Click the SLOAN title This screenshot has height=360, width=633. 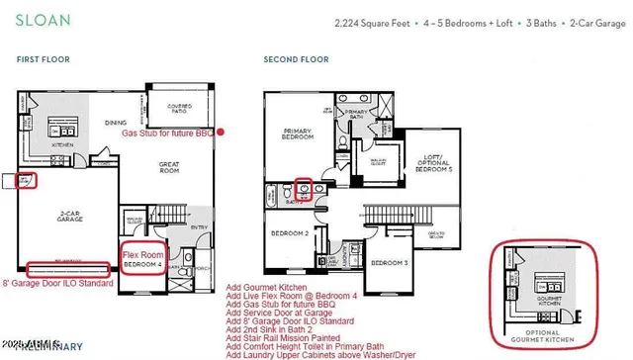(38, 19)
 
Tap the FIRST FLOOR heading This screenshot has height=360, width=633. (43, 60)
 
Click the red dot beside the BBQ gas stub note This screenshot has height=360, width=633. (221, 132)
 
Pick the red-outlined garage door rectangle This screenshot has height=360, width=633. (67, 269)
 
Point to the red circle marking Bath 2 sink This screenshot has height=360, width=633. (306, 187)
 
